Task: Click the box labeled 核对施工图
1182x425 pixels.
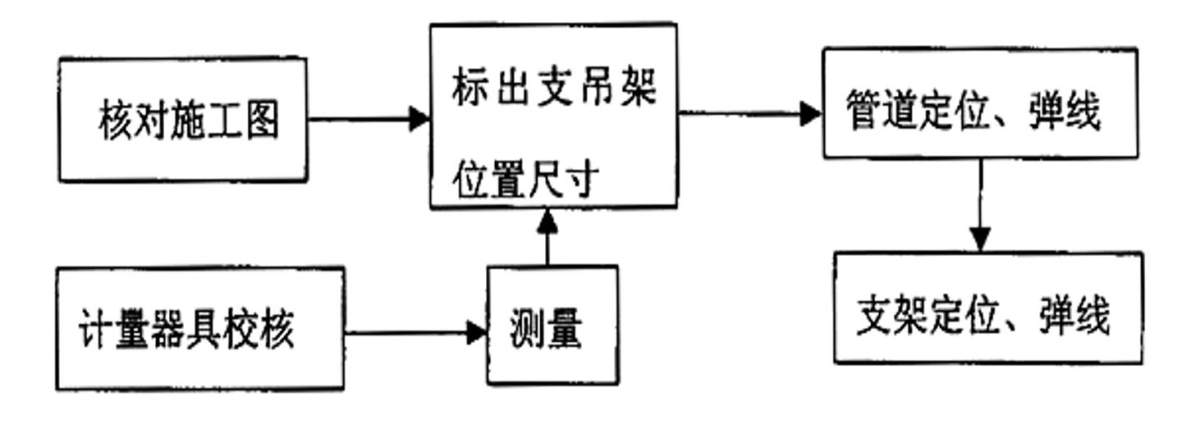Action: click(x=182, y=119)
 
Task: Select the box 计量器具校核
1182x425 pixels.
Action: click(x=199, y=328)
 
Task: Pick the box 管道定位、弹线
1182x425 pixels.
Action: click(x=980, y=103)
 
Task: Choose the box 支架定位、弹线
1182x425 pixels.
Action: click(x=987, y=308)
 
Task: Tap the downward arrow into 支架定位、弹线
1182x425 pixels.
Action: click(x=979, y=205)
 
